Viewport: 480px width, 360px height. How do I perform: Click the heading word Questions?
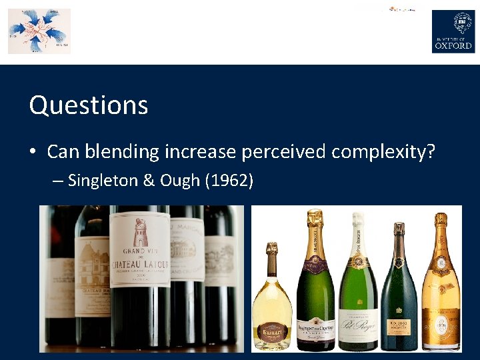89,105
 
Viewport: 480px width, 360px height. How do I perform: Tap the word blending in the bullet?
122,152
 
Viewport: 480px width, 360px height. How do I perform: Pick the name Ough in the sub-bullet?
177,181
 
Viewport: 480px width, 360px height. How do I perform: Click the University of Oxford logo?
453,31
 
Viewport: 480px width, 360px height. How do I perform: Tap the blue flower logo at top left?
39,31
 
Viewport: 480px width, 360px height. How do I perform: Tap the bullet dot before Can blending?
32,153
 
